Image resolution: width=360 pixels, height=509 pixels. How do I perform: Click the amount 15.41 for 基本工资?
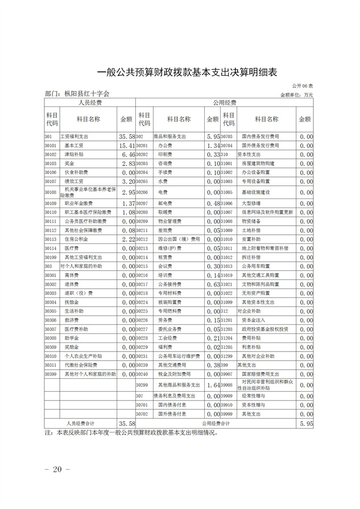pos(126,146)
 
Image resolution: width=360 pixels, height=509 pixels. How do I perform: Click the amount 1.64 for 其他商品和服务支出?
pos(213,385)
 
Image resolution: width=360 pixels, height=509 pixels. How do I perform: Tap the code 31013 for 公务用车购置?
pos(229,266)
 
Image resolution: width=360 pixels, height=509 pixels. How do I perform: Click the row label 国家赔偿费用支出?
pos(260,374)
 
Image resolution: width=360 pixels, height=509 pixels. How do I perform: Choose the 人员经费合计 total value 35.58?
pos(126,424)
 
